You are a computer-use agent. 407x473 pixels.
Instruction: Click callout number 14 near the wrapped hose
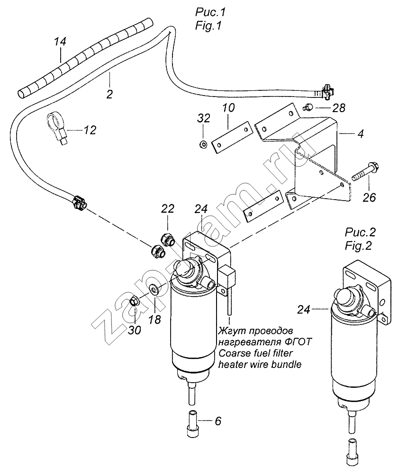click(x=60, y=41)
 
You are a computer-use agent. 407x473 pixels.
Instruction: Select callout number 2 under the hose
click(x=109, y=94)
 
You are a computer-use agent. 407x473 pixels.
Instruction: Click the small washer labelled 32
click(x=203, y=144)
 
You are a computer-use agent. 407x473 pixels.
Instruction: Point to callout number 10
click(x=228, y=108)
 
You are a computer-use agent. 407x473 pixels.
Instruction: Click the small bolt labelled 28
click(x=308, y=106)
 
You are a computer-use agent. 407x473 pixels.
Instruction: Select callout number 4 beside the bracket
click(x=361, y=133)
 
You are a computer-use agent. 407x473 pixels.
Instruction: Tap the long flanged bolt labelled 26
click(x=365, y=171)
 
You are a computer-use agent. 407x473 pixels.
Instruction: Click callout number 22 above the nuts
click(x=168, y=209)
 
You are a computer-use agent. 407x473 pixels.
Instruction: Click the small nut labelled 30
click(x=135, y=301)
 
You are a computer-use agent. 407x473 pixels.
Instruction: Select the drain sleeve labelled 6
click(x=192, y=423)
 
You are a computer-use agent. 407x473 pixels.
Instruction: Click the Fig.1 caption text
click(x=208, y=26)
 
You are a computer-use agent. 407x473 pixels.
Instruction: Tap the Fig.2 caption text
click(x=358, y=246)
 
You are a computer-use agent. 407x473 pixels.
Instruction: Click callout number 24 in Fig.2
click(x=304, y=309)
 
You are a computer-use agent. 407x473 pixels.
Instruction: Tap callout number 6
click(x=218, y=420)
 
